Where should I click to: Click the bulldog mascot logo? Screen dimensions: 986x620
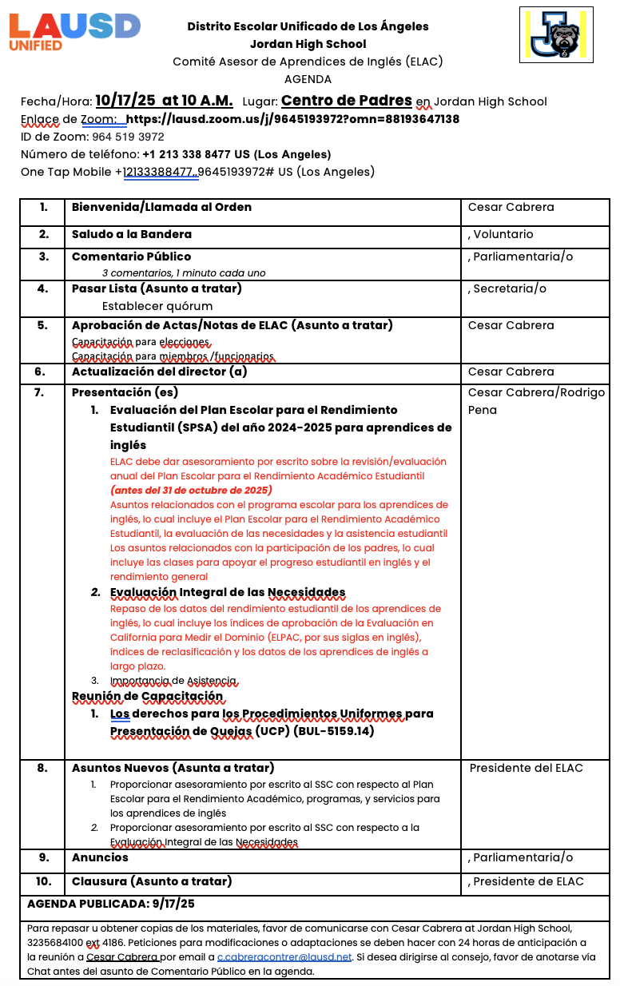556,35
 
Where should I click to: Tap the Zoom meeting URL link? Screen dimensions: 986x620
292,119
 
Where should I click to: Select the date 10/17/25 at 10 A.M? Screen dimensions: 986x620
164,101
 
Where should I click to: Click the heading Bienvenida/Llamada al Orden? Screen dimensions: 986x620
161,207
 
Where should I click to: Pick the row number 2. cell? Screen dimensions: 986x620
43,234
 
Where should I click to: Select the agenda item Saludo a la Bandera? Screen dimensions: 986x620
132,234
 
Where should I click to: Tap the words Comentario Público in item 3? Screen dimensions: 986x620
131,256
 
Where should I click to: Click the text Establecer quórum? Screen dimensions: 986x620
157,305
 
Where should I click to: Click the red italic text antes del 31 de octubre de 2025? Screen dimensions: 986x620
191,490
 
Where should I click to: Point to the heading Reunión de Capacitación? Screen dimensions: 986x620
147,696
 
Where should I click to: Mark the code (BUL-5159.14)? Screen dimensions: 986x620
334,730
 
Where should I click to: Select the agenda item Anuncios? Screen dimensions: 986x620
100,857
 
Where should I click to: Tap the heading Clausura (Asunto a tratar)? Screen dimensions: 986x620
152,881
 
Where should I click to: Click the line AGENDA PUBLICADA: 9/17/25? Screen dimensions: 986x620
110,904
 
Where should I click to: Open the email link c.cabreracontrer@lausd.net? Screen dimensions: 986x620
284,956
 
